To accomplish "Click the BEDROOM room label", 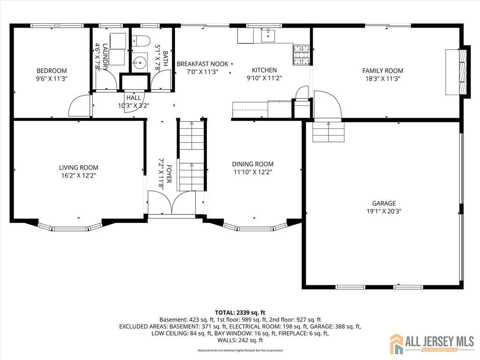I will click(x=52, y=71).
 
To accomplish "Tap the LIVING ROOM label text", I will click(x=78, y=167).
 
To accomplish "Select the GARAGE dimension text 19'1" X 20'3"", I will click(x=384, y=211).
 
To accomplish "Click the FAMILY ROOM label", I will click(x=382, y=71).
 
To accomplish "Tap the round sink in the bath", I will click(x=139, y=61).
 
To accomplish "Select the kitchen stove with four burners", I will click(x=301, y=54).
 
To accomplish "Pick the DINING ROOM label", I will click(x=253, y=164).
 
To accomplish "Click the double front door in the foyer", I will click(x=172, y=203).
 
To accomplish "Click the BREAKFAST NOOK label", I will click(x=202, y=64).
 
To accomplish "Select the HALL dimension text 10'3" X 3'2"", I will click(x=133, y=106).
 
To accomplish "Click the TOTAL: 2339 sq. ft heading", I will click(x=240, y=312).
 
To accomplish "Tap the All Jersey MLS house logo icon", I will click(x=397, y=344).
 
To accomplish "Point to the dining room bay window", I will click(x=255, y=228).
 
